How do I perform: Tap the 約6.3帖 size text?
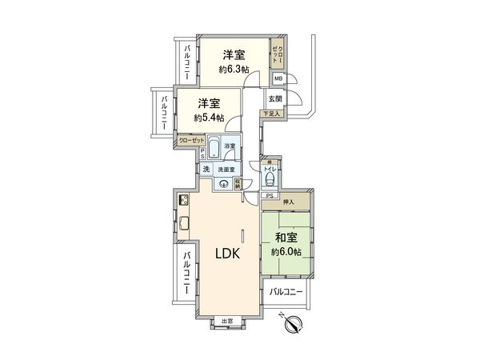(234, 70)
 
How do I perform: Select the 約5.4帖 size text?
(208, 118)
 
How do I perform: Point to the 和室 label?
(286, 238)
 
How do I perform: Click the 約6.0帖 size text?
(286, 252)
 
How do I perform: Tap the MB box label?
(278, 78)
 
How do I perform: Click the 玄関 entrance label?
(275, 98)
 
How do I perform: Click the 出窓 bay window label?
(227, 321)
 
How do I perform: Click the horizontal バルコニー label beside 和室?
(286, 292)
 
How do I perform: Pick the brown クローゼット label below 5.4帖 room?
(191, 139)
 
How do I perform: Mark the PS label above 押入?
(269, 195)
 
